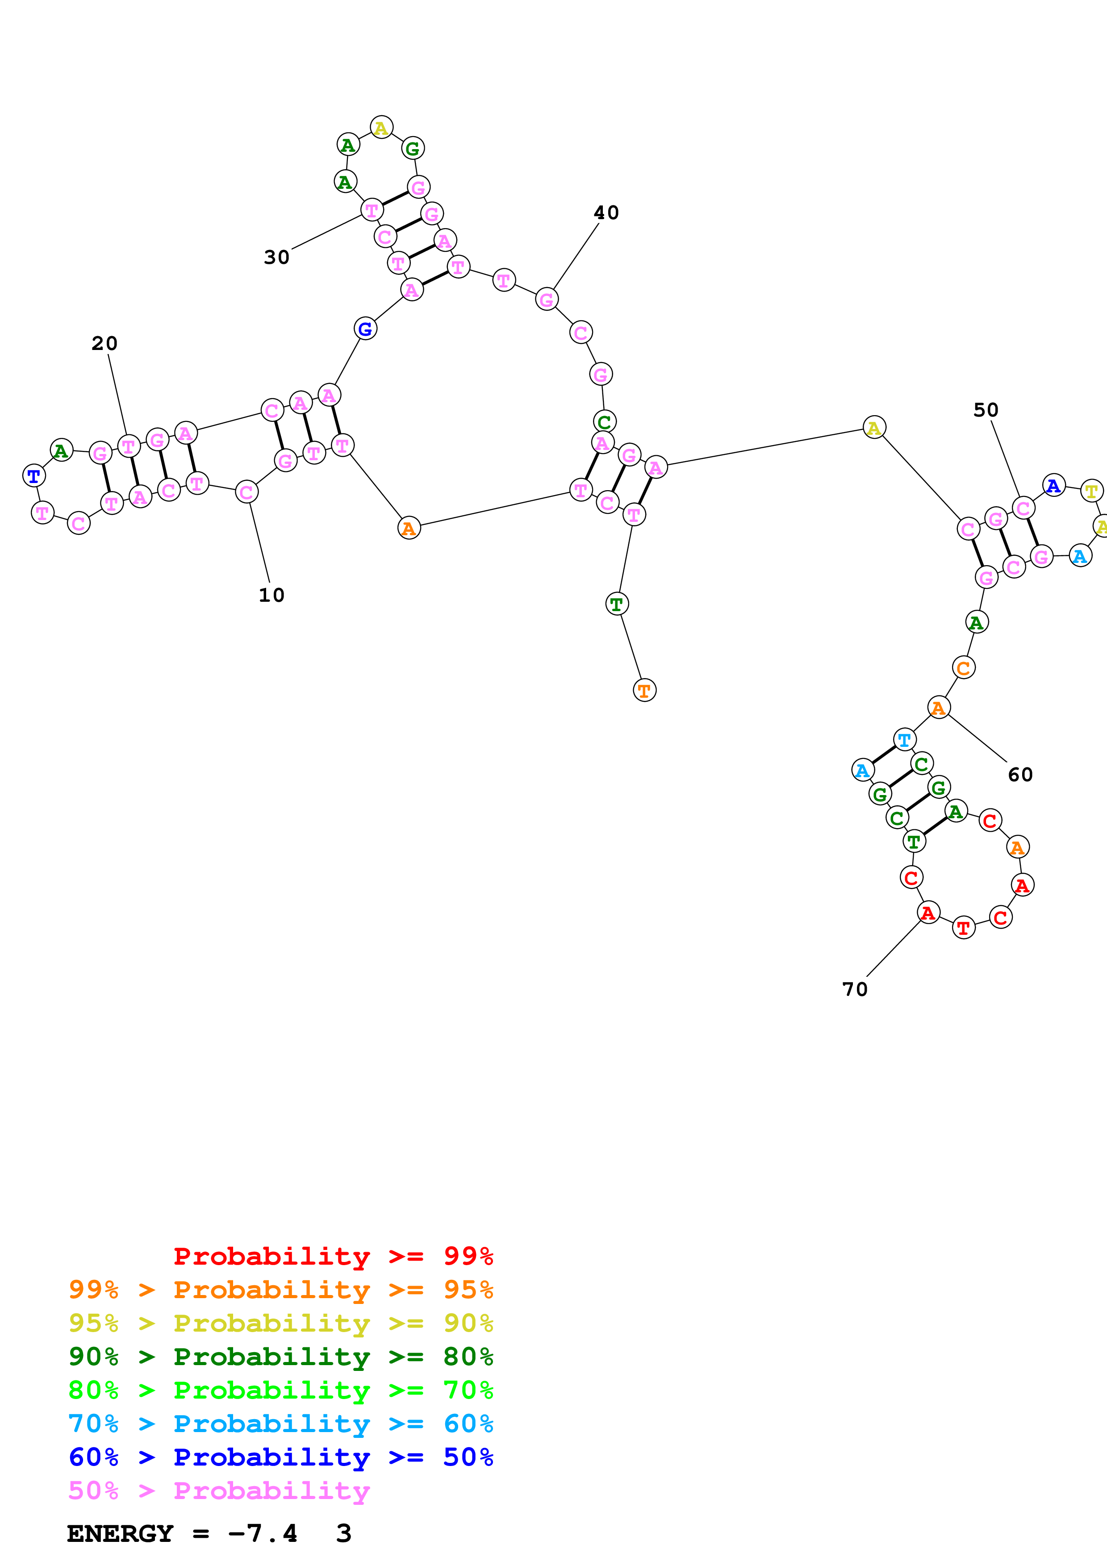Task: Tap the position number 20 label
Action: (104, 344)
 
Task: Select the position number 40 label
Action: (606, 213)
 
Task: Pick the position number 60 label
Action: (1020, 775)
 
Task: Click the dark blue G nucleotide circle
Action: (366, 329)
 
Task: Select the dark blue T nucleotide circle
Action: (34, 475)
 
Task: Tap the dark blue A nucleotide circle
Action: (1054, 486)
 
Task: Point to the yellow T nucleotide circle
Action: (1091, 491)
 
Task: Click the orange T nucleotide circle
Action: (644, 690)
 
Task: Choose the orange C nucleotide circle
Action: (963, 668)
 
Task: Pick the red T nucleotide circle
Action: (963, 928)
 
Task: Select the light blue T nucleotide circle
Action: (904, 739)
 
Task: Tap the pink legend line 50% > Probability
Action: (219, 1491)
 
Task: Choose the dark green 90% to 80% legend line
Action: (280, 1357)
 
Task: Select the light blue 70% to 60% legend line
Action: (280, 1424)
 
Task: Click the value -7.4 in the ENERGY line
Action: (263, 1533)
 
